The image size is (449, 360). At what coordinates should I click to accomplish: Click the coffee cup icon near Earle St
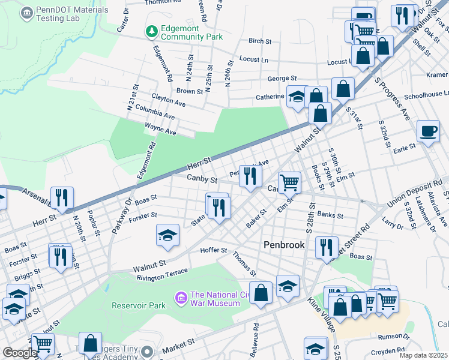428,131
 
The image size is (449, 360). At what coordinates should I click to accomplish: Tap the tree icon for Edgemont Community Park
152,31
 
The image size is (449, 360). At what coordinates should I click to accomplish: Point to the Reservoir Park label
138,305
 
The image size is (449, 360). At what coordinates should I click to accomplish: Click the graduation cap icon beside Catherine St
296,97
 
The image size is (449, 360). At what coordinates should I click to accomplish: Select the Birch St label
260,41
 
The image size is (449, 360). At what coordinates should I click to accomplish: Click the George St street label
282,79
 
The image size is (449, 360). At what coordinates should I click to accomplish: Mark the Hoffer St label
214,250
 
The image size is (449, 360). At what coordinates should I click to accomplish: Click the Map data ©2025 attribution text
423,355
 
